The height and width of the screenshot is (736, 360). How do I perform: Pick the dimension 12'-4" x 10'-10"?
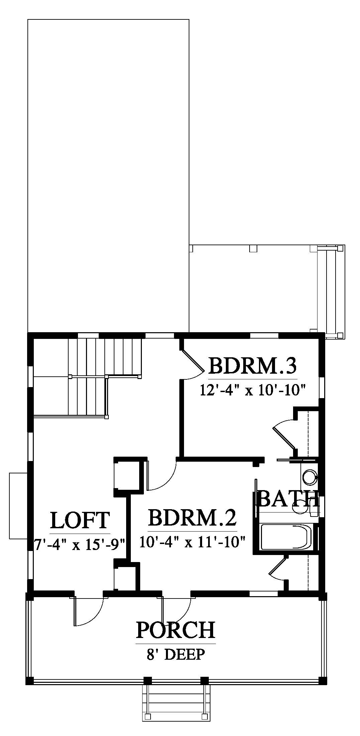coord(253,390)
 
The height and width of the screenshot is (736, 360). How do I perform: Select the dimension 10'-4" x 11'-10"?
coord(193,542)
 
